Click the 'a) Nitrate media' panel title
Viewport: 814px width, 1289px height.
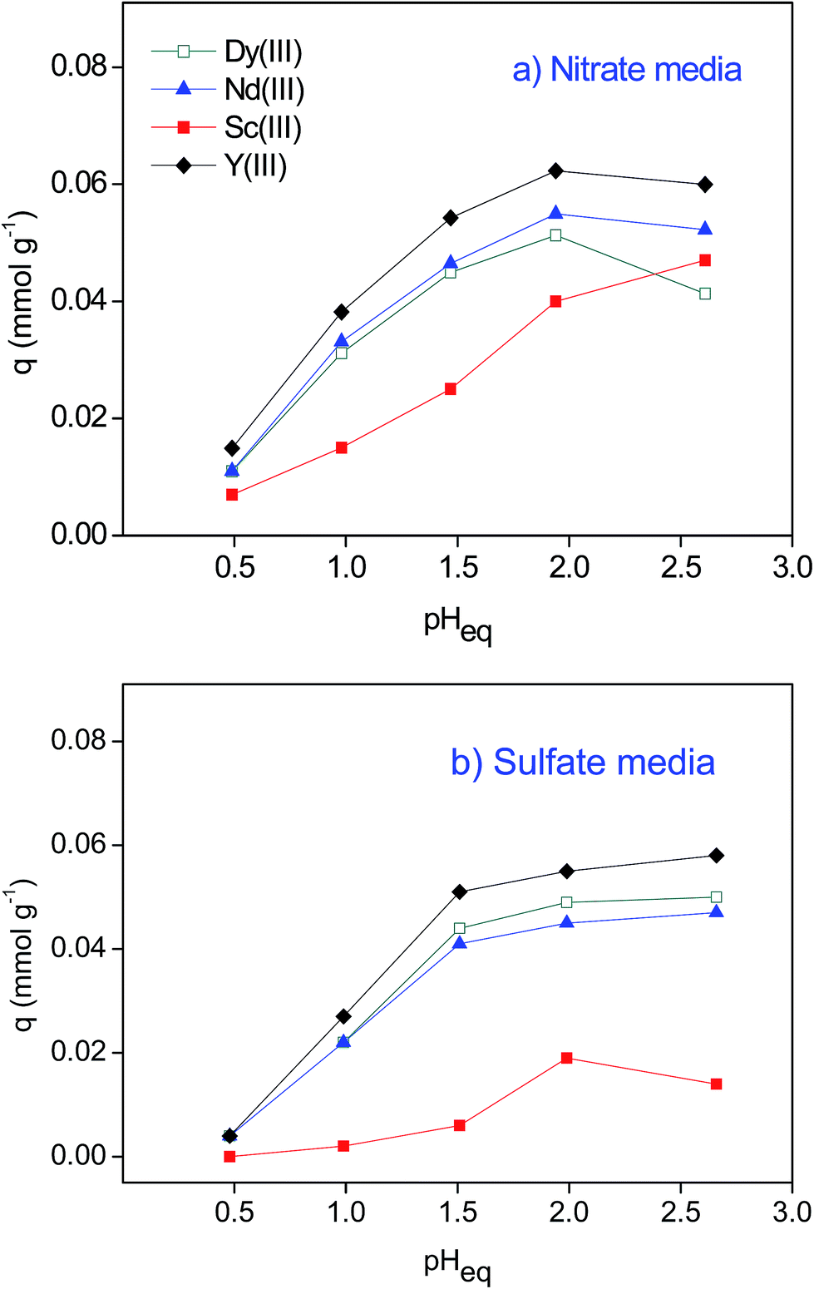[627, 70]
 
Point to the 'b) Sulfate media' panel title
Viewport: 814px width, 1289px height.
[582, 763]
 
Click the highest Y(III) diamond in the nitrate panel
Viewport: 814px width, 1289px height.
[555, 171]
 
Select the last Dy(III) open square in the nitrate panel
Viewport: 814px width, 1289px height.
[705, 294]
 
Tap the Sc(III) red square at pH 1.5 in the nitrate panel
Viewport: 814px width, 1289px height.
[451, 388]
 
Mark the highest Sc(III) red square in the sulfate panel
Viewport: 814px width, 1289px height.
[567, 1058]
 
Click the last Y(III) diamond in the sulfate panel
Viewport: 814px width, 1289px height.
[716, 856]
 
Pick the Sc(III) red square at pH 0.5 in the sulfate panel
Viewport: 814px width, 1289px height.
[230, 1156]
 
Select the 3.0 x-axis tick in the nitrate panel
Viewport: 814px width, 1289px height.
[792, 567]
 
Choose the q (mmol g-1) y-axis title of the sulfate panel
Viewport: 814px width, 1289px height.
[25, 956]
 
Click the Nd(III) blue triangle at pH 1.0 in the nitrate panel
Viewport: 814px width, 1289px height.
[342, 341]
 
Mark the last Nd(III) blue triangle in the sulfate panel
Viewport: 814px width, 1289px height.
[716, 911]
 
